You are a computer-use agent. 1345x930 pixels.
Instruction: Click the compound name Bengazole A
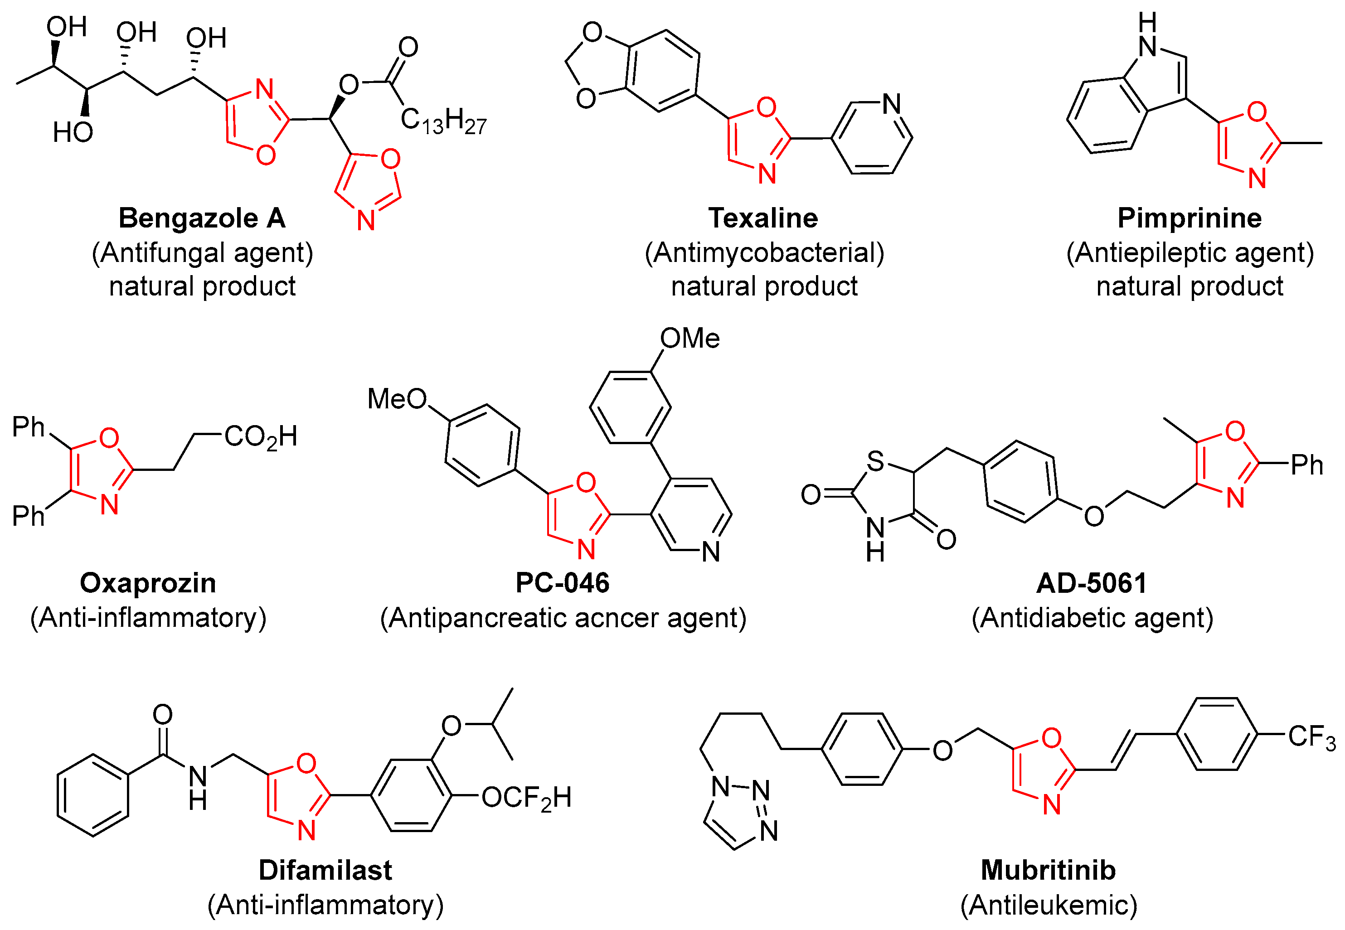[x=202, y=218]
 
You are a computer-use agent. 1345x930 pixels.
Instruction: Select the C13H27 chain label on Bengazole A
[x=443, y=121]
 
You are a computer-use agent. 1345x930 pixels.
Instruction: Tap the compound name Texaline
[x=763, y=218]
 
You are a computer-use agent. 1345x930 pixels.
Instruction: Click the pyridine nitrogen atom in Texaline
[x=892, y=104]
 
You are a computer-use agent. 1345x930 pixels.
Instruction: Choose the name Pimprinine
[x=1190, y=218]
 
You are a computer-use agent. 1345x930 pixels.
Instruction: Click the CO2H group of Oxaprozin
[x=261, y=437]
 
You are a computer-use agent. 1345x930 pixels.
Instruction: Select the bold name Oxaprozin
[x=148, y=583]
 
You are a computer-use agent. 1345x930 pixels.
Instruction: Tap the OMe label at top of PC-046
[x=689, y=339]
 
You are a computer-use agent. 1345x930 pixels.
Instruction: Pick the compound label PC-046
[x=563, y=583]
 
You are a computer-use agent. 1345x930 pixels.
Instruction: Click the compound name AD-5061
[x=1092, y=583]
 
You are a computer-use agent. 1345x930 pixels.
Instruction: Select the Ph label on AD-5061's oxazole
[x=1306, y=465]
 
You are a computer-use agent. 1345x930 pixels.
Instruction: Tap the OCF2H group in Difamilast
[x=526, y=798]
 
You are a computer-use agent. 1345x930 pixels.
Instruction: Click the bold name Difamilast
[x=325, y=871]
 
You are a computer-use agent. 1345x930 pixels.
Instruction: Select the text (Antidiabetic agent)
[x=1092, y=618]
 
